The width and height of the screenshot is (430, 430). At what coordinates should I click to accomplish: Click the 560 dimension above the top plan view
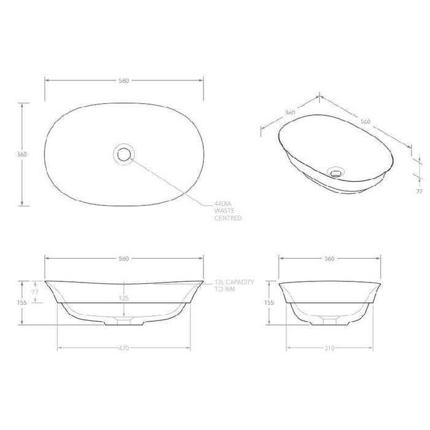(124, 81)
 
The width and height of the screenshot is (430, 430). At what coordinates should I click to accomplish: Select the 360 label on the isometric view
(291, 113)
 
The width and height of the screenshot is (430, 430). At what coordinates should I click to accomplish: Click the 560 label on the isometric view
(365, 121)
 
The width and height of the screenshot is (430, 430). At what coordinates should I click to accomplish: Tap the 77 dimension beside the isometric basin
(420, 192)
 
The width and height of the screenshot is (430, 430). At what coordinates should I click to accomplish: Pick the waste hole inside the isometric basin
(336, 171)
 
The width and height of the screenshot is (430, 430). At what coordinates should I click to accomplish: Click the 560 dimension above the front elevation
(124, 259)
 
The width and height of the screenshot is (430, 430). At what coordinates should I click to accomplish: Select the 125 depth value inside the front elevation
(125, 298)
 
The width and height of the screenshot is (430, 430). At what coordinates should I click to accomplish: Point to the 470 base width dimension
(124, 348)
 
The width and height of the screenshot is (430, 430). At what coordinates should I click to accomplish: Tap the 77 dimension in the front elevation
(35, 292)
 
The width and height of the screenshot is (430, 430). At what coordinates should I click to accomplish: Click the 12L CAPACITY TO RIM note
(236, 284)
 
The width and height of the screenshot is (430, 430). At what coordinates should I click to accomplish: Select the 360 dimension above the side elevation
(329, 259)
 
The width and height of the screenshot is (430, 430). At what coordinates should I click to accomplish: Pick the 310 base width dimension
(329, 348)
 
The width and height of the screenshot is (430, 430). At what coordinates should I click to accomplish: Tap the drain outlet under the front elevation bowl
(125, 321)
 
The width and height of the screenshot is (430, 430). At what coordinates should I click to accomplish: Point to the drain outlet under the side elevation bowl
(329, 321)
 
